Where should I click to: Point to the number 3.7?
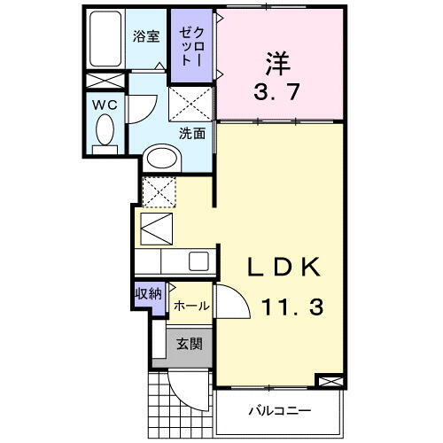pos(279,92)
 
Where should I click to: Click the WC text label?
pos(105,104)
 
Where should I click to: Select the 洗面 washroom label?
pos(192,134)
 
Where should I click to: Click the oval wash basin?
pos(162,159)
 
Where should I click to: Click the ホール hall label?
pos(190,306)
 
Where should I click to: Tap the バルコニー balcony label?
pos(278,411)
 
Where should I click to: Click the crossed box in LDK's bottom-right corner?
pos(328,382)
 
